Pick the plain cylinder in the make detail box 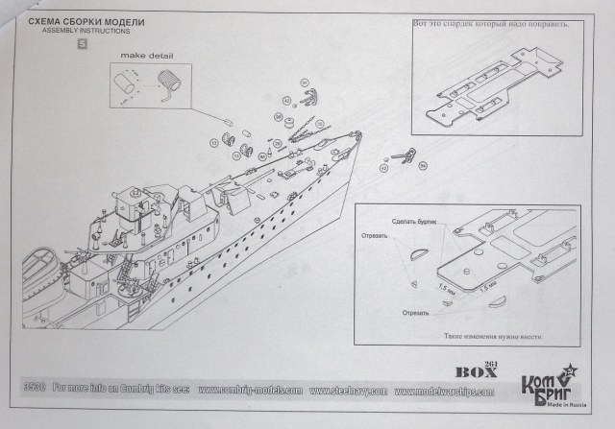click(126, 85)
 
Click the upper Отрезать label click(375, 236)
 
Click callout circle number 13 click(212, 144)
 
